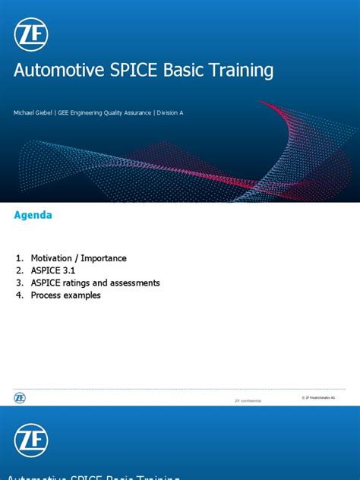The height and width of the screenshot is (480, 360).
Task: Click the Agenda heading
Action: click(x=33, y=215)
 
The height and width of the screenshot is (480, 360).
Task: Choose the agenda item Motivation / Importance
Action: click(x=78, y=258)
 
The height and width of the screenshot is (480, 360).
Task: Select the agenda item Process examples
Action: click(x=65, y=295)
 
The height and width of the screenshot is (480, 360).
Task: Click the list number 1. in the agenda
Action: click(x=20, y=258)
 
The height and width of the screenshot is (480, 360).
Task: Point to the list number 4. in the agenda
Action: click(x=20, y=295)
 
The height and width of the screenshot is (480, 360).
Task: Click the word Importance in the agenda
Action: click(x=103, y=258)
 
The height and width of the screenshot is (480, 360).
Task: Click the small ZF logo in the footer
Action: click(x=19, y=397)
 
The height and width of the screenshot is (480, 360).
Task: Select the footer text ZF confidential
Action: click(x=248, y=399)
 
